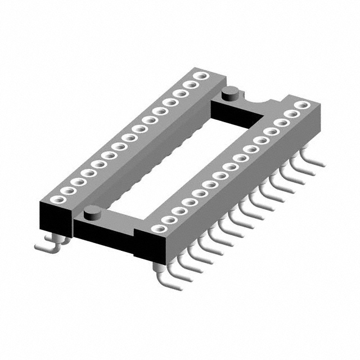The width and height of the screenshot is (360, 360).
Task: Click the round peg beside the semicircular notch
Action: pos(229,93)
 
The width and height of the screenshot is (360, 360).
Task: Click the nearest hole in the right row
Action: pos(159,228)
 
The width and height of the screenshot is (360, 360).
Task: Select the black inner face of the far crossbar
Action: pos(236,115)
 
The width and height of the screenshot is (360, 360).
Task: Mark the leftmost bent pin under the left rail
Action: pos(43,246)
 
